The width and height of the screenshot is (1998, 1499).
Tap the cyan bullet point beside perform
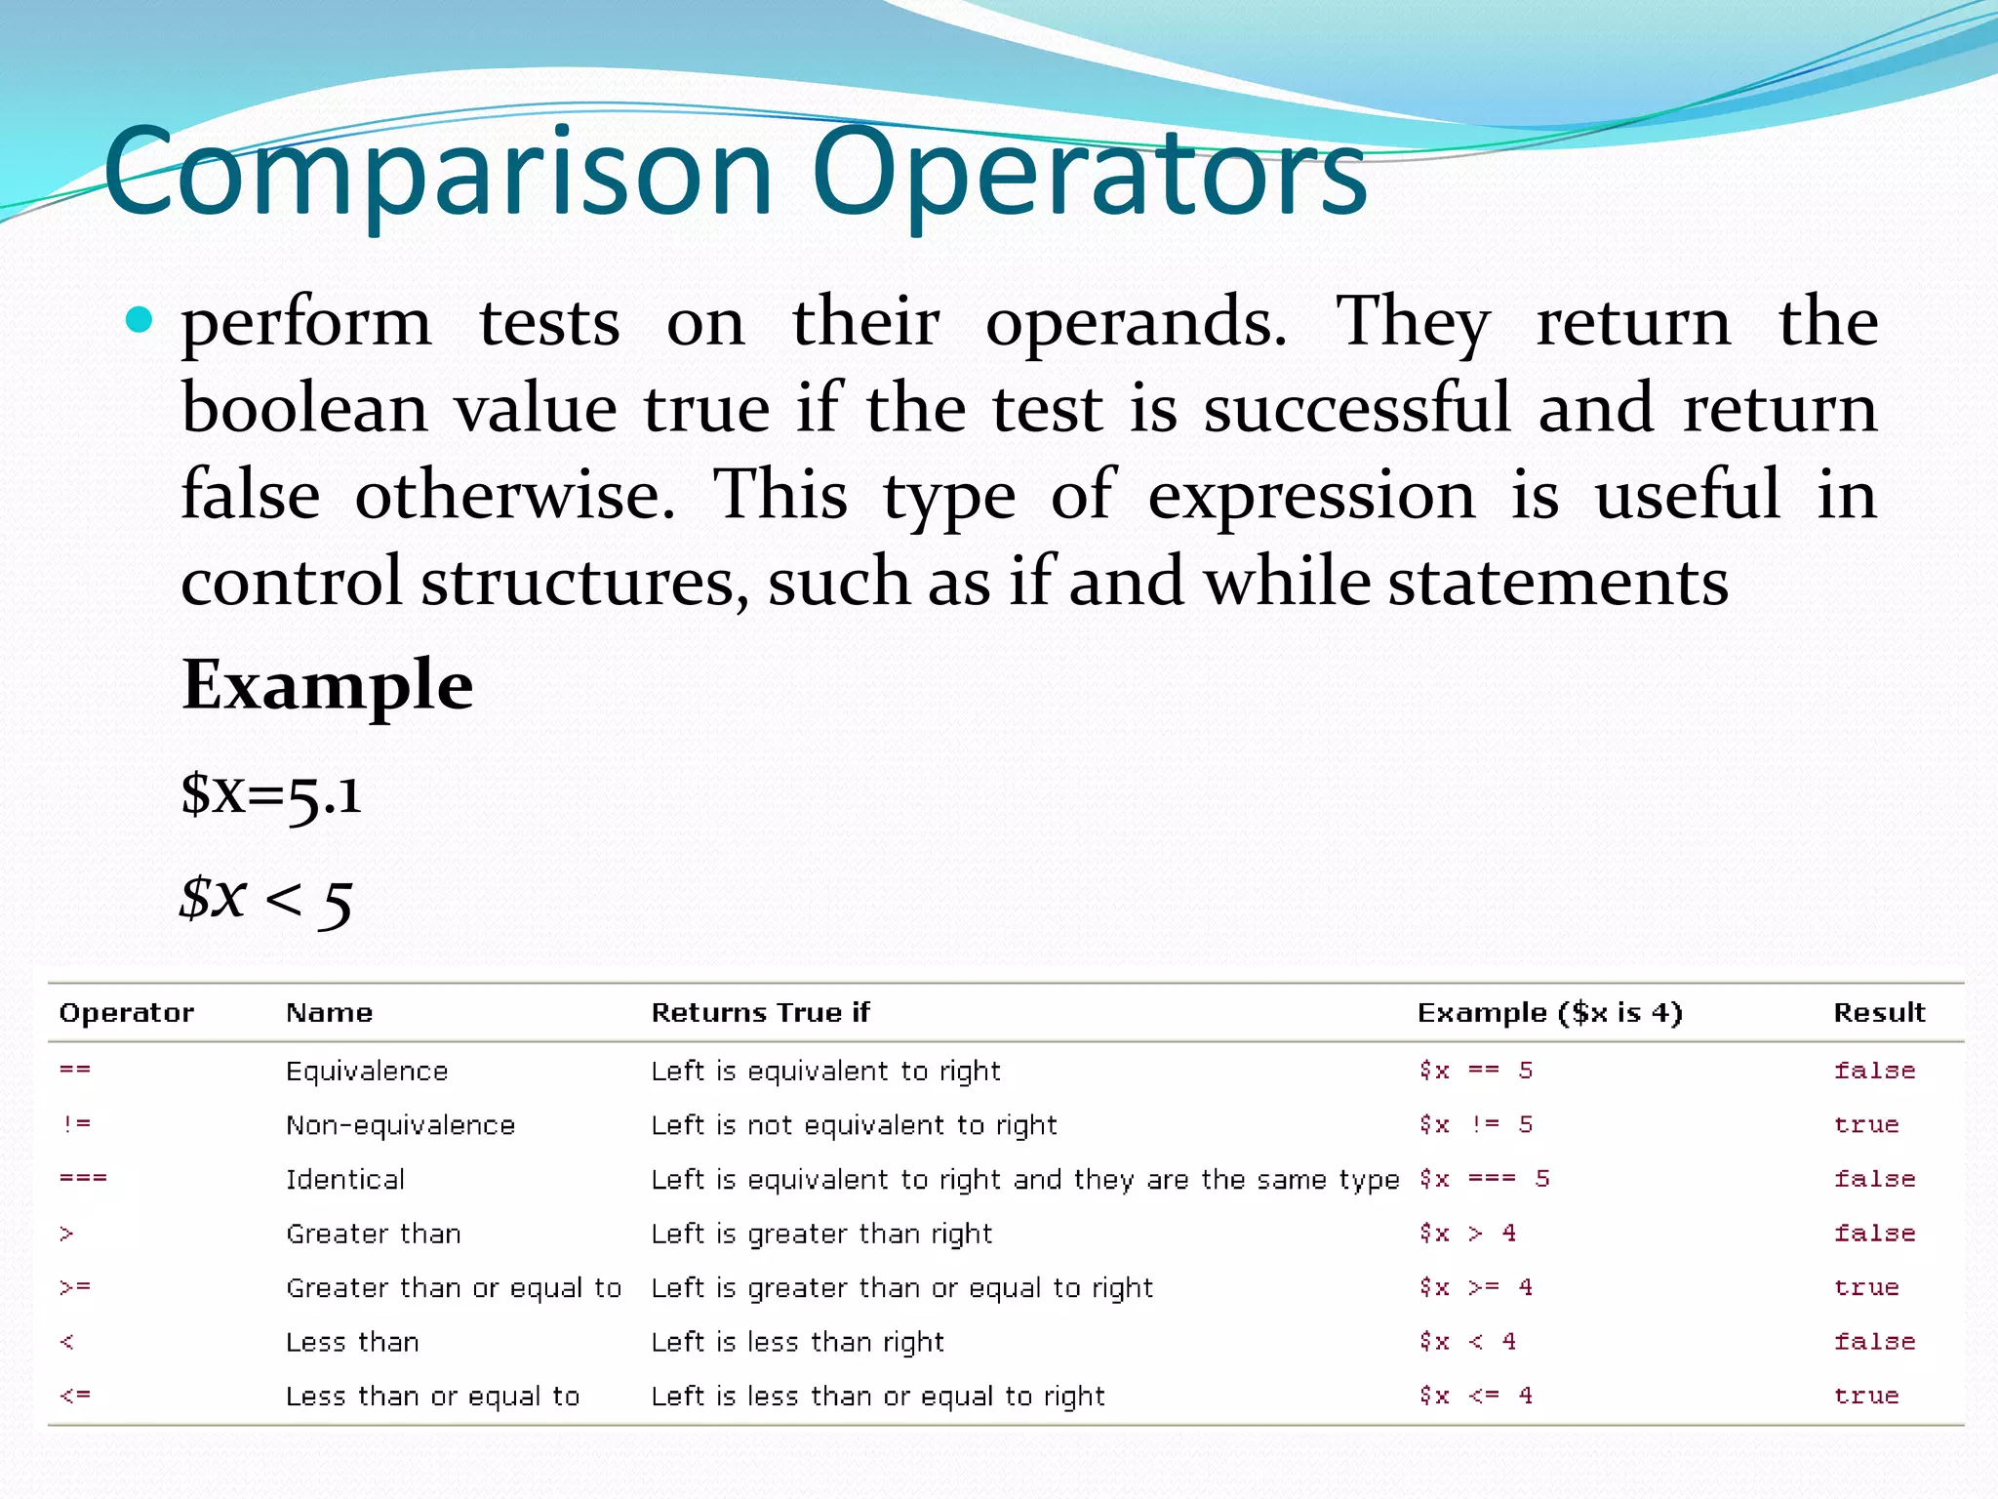[140, 320]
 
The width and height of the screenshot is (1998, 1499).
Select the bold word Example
[328, 685]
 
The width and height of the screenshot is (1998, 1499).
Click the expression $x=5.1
[271, 794]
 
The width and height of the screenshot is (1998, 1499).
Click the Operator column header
[127, 1013]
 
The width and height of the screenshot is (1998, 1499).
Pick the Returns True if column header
[760, 1013]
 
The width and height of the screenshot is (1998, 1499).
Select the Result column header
[1879, 1013]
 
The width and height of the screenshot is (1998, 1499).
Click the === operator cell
[84, 1179]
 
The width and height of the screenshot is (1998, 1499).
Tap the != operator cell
[76, 1124]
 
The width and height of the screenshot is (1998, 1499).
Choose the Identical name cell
[345, 1180]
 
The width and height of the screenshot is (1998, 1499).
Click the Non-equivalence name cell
[400, 1125]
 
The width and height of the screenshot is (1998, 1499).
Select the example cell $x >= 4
[1476, 1288]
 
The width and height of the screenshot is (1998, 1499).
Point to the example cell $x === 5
[1484, 1179]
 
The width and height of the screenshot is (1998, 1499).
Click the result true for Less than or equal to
[1866, 1397]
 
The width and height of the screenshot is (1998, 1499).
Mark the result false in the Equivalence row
[1874, 1071]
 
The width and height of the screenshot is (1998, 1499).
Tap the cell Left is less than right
[797, 1343]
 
